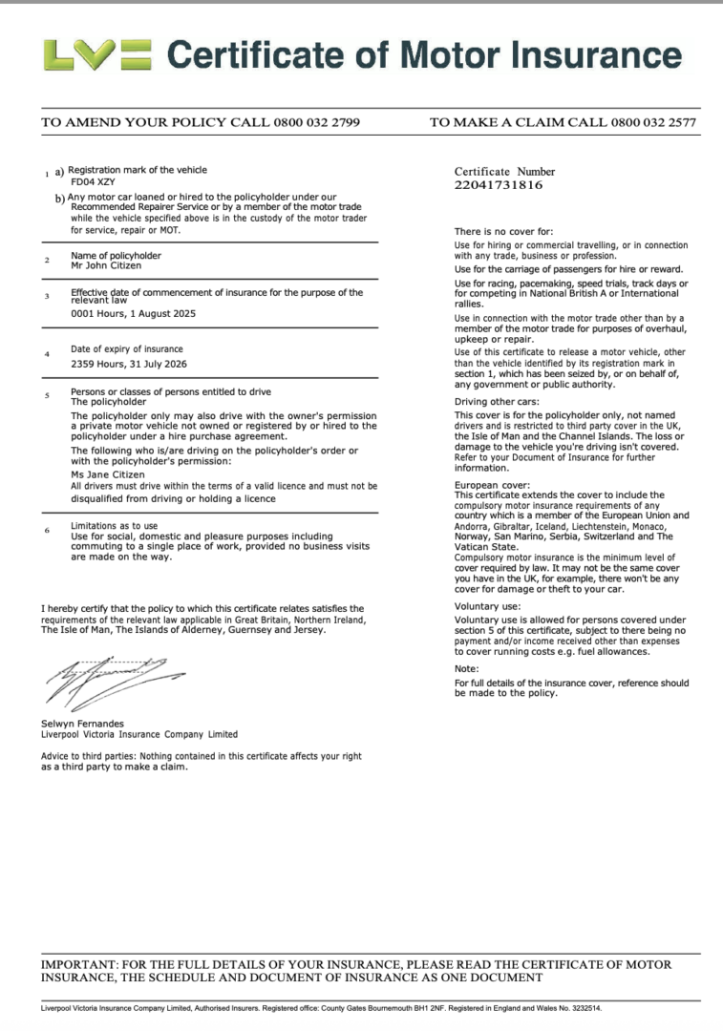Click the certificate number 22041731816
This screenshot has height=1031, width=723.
tap(498, 185)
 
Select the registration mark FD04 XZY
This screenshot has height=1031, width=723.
tap(93, 180)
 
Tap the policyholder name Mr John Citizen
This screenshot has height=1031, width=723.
tap(107, 266)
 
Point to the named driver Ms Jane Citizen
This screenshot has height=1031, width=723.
tap(108, 474)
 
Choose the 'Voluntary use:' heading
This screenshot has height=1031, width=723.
tap(487, 606)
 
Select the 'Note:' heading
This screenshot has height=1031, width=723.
tap(466, 668)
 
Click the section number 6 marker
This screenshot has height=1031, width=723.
tap(47, 531)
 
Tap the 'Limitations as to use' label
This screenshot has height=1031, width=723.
tap(115, 526)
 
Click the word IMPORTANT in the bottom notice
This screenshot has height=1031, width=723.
tap(78, 965)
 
